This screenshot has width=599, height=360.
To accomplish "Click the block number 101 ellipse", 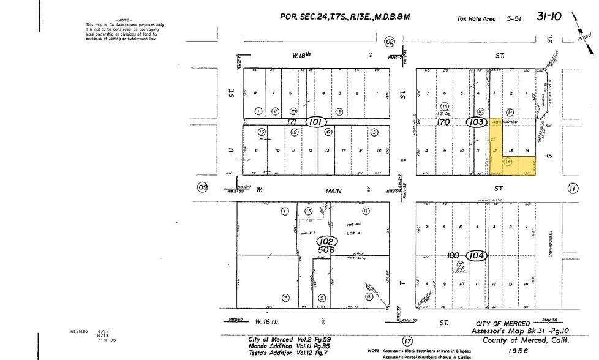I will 317,121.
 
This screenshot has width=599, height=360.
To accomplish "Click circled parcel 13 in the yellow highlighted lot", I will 507,161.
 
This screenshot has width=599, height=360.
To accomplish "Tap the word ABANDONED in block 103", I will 505,121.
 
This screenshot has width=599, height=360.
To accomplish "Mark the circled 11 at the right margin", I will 572,189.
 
